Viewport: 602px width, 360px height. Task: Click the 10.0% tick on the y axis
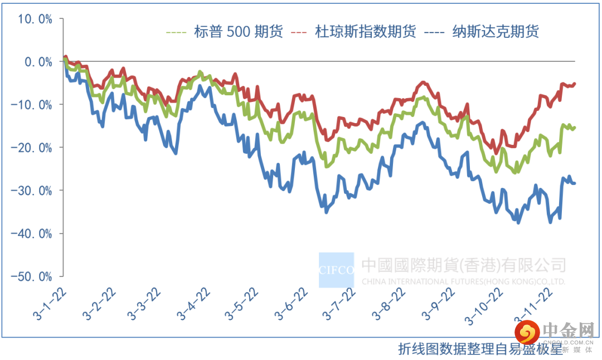coord(35,19)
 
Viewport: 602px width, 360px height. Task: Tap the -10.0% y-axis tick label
coord(32,105)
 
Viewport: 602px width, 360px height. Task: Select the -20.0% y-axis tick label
coord(32,148)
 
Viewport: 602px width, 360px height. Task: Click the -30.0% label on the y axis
coord(32,191)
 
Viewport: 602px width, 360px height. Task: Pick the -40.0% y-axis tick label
coord(32,233)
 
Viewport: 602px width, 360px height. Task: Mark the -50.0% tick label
coord(32,276)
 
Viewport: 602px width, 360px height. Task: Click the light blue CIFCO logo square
coord(336,270)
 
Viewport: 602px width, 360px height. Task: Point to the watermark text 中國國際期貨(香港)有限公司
coord(464,265)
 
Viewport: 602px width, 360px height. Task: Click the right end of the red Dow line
coord(574,84)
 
